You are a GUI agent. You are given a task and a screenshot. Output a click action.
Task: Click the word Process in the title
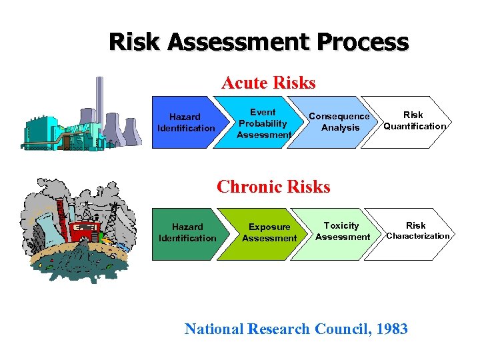363,42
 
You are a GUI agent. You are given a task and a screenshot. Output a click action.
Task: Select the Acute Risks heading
268,83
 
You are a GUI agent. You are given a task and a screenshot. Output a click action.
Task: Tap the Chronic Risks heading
273,187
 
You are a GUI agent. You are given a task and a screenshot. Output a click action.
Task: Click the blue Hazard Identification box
186,122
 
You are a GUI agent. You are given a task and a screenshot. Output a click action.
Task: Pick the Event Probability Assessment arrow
263,123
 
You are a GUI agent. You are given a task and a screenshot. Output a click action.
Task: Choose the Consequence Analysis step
339,122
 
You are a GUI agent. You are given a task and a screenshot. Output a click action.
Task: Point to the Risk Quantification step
414,121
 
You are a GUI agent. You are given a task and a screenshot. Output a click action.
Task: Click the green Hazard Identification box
187,233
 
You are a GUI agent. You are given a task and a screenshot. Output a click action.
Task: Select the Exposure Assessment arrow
269,233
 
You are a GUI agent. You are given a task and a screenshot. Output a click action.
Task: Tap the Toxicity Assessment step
342,231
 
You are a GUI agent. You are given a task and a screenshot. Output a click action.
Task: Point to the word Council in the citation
337,329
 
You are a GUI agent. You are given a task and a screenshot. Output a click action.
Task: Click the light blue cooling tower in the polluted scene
46,230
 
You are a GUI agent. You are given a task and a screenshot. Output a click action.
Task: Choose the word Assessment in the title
239,42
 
